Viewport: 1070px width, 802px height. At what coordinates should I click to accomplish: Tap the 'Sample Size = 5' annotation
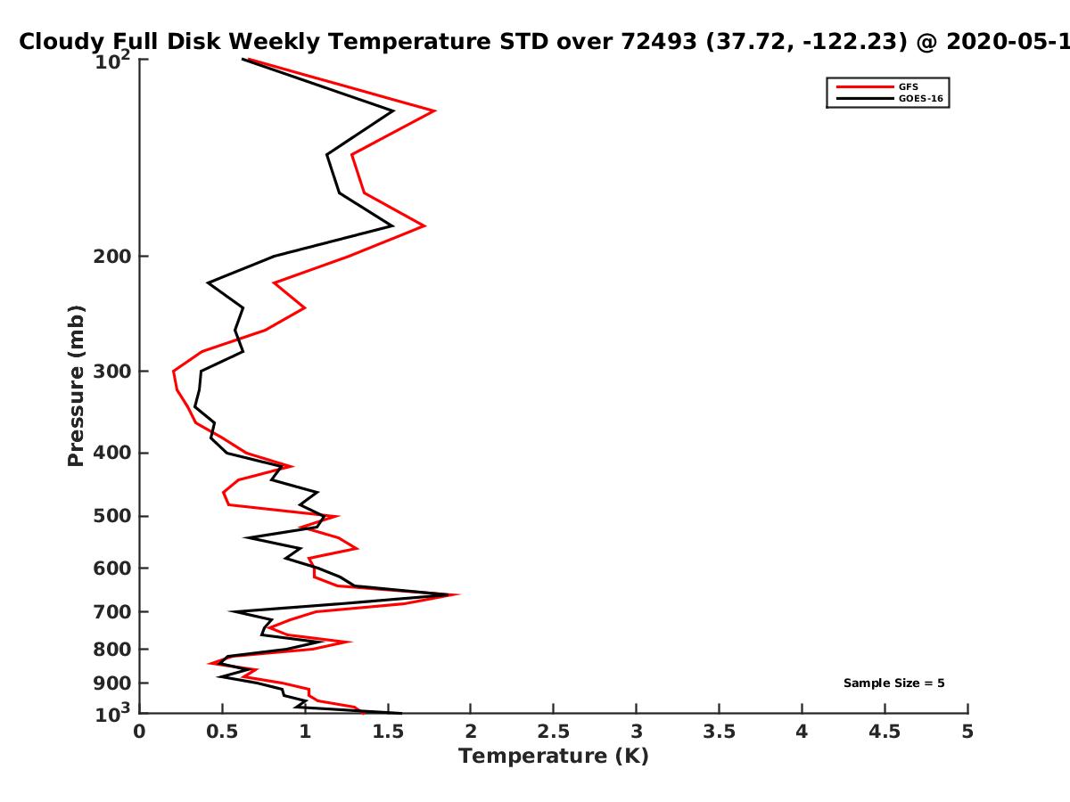tap(894, 683)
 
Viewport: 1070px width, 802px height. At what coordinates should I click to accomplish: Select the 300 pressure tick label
tap(112, 371)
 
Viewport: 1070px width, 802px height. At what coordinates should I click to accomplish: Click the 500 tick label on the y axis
tap(112, 516)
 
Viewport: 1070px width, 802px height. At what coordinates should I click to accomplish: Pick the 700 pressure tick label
tap(112, 611)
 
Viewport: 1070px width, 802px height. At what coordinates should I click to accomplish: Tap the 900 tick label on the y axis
tap(112, 683)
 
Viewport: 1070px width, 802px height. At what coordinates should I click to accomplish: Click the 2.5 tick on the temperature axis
tap(554, 732)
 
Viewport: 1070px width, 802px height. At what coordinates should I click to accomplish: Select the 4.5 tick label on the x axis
tap(885, 732)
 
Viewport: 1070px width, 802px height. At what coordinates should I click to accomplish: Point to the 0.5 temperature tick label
tap(222, 732)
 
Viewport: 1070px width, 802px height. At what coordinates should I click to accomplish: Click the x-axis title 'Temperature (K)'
tap(554, 757)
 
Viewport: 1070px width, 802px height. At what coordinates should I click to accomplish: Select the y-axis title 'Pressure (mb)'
tap(76, 386)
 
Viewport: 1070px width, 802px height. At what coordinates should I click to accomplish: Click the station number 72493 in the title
tap(659, 42)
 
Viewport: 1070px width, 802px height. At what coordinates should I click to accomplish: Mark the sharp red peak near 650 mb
tap(457, 594)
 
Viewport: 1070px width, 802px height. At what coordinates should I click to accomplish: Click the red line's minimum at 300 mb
tap(174, 372)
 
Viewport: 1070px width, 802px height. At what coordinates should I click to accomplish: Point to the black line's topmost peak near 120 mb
tap(392, 111)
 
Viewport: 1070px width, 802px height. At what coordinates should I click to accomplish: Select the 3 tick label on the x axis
tap(636, 732)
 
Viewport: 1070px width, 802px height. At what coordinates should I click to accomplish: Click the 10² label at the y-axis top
tap(112, 61)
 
